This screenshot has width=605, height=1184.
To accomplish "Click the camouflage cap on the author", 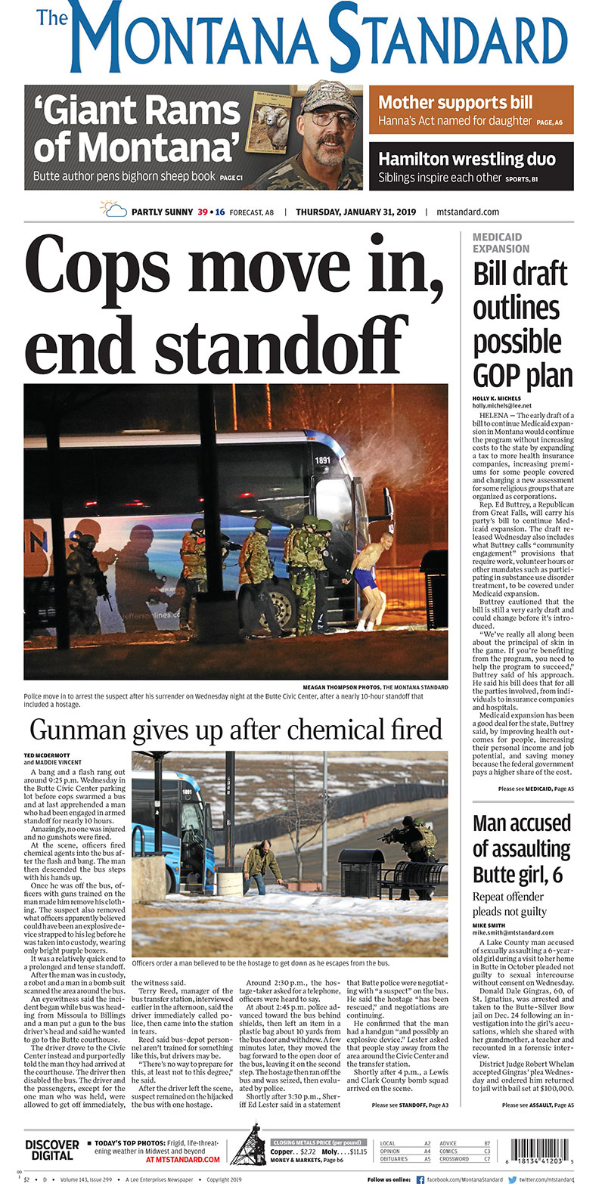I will tap(328, 98).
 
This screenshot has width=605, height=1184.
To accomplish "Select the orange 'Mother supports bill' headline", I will tap(455, 102).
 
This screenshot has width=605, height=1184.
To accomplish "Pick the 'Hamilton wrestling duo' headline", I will tap(467, 159).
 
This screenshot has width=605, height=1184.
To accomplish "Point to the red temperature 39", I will tap(203, 212).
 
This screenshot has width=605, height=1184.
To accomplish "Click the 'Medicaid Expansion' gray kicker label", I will tap(501, 243).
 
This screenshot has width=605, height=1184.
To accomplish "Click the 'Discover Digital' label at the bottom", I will tap(52, 1149).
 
